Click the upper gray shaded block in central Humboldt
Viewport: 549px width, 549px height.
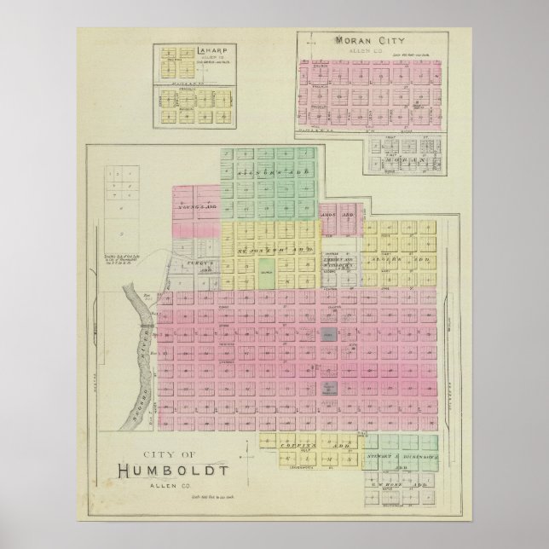click(x=328, y=336)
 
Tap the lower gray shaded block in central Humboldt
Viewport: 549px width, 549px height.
click(x=328, y=388)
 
